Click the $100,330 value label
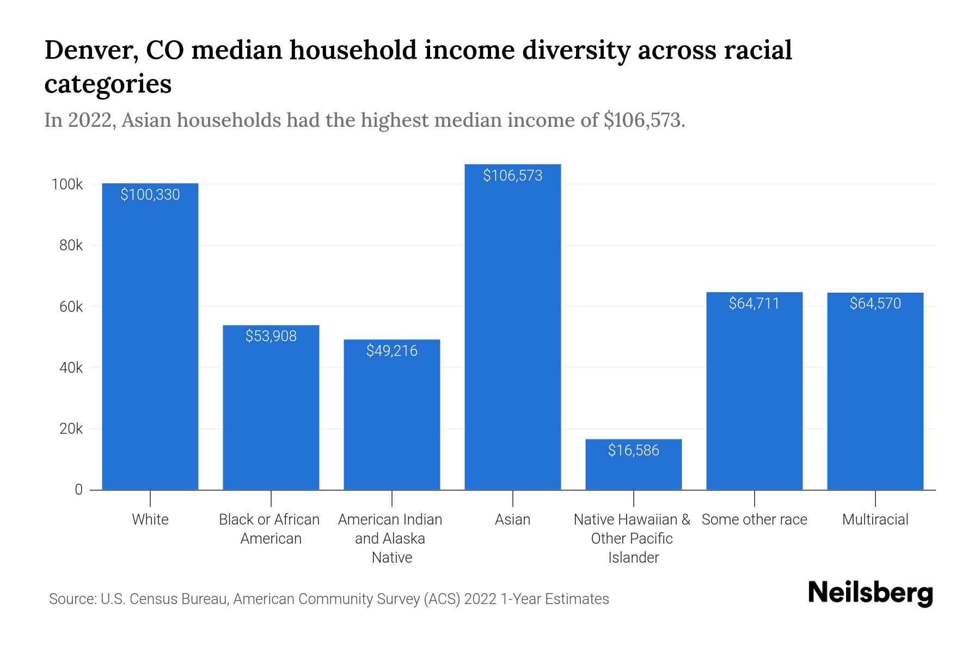click(150, 195)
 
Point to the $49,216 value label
click(391, 351)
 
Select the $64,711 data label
click(754, 304)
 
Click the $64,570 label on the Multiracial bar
click(875, 304)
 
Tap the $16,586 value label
click(633, 451)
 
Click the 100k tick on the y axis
click(67, 184)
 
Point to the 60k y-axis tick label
click(71, 307)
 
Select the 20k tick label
click(71, 429)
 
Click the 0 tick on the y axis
click(78, 490)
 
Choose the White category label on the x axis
click(150, 520)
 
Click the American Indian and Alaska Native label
click(390, 538)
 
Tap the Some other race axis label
click(754, 520)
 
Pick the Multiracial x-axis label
click(875, 520)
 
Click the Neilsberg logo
click(870, 593)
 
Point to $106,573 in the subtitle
click(644, 120)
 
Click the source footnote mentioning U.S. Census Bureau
click(329, 599)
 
